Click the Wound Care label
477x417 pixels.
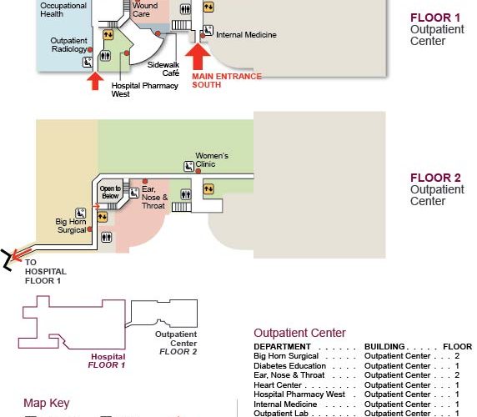(145, 9)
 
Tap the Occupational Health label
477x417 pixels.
(63, 10)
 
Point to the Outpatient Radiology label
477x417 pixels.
(68, 45)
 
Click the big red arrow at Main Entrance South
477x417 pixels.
(198, 56)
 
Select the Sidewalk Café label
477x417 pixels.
(163, 68)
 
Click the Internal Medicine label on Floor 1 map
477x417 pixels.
(246, 35)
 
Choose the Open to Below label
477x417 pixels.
(110, 192)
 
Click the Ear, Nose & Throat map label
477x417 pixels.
(154, 197)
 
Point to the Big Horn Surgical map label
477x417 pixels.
(71, 225)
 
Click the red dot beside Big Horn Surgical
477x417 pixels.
(89, 229)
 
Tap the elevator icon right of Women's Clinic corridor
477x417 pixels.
(208, 188)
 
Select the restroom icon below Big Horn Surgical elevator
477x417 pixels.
(107, 237)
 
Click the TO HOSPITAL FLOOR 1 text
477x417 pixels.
(46, 271)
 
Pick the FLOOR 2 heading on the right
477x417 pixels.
(435, 178)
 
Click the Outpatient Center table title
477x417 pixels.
(299, 333)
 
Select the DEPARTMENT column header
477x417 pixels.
(282, 347)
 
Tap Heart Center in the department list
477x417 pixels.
(278, 385)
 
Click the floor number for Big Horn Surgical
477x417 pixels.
(457, 356)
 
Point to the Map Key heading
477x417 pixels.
(47, 404)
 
